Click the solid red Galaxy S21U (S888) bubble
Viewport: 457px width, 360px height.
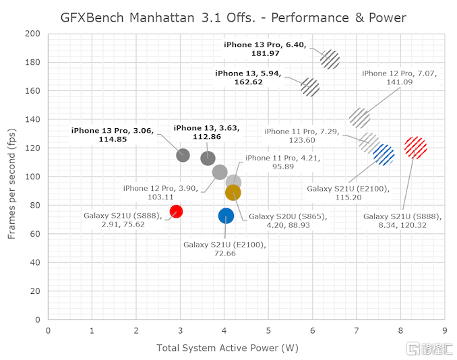[x=176, y=211]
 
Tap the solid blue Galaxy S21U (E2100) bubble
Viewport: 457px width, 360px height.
[x=226, y=216]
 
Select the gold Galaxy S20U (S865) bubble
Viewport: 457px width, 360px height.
[x=233, y=193]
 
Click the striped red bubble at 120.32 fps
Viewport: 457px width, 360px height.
[x=415, y=148]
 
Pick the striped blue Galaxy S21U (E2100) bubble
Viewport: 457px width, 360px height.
[x=384, y=155]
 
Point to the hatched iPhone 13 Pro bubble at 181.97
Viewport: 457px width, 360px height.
[x=330, y=59]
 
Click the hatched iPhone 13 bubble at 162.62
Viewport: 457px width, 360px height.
[x=309, y=87]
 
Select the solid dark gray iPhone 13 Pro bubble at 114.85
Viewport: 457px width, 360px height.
[x=183, y=155]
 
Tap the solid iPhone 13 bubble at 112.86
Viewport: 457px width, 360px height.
[x=208, y=158]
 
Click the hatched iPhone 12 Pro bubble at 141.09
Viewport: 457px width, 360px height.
[x=360, y=117]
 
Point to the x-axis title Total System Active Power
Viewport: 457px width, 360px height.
[x=227, y=349]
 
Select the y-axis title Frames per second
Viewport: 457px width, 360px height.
[x=12, y=176]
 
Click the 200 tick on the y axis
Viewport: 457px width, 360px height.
[x=32, y=34]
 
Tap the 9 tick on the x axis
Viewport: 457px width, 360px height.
[x=444, y=331]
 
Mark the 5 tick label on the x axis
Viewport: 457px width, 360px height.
[x=268, y=331]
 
